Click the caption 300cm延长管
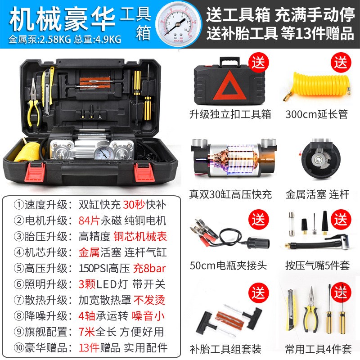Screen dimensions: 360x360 [316, 114]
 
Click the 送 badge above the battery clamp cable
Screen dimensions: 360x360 [259, 220]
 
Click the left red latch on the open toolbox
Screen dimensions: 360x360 [32, 169]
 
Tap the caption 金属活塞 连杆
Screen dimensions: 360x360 [317, 195]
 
